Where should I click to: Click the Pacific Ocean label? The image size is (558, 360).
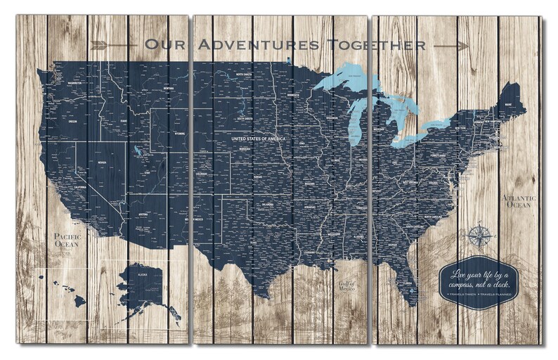point(67,240)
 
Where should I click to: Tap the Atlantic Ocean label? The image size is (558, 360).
point(520,202)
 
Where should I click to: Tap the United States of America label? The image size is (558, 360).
point(259,139)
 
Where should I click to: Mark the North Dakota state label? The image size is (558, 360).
point(244,75)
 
